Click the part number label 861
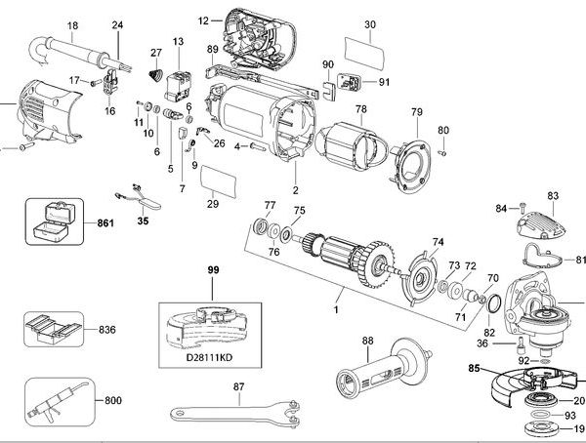click(105, 224)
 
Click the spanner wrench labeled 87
click(224, 416)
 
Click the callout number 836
click(108, 330)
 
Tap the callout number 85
click(475, 369)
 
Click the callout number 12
click(202, 20)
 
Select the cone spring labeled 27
click(153, 74)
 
